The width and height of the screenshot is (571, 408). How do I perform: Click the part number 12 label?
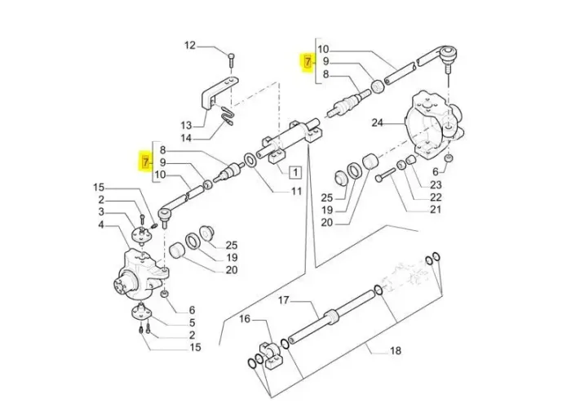click(x=189, y=46)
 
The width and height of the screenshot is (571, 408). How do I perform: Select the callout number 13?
click(x=187, y=126)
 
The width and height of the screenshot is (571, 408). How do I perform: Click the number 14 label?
click(x=187, y=139)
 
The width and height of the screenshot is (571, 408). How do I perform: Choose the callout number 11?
click(x=296, y=192)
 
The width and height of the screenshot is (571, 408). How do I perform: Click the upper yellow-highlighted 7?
click(x=308, y=61)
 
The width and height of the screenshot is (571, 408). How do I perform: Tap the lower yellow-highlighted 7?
click(x=146, y=162)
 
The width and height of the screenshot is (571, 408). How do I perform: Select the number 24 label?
click(x=377, y=123)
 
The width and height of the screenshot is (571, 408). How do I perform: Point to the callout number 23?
click(x=436, y=184)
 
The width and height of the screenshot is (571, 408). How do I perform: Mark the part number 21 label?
click(x=436, y=211)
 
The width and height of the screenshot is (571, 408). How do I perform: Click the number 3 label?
click(x=101, y=212)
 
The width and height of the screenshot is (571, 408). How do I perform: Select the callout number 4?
click(x=101, y=224)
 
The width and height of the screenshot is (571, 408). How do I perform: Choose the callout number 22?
click(x=436, y=197)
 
